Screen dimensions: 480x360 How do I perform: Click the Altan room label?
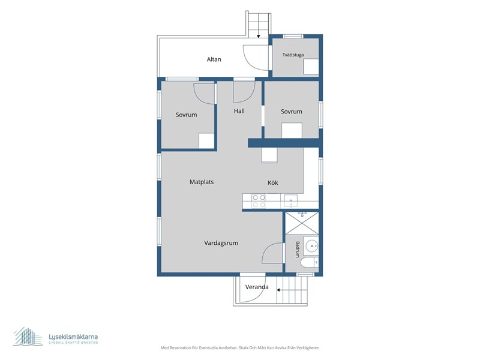(214, 59)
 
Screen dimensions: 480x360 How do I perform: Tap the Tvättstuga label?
(293, 55)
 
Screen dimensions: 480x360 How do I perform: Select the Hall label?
(239, 111)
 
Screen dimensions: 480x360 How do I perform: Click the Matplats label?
(202, 182)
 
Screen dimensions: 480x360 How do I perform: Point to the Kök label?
(273, 183)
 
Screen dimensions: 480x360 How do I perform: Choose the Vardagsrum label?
(221, 243)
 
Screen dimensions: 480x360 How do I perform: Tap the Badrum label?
(298, 249)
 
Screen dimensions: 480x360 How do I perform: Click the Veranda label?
(257, 287)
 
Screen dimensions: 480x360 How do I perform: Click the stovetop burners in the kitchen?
(259, 201)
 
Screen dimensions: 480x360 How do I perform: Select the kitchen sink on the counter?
(290, 201)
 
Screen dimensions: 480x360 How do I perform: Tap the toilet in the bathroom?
(310, 263)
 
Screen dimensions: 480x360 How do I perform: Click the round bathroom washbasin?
(312, 245)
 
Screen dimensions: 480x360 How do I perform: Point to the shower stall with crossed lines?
(302, 223)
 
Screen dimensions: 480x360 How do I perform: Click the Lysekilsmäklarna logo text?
(73, 337)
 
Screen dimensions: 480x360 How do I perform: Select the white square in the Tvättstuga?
(311, 67)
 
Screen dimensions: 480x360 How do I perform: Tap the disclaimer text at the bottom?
(239, 348)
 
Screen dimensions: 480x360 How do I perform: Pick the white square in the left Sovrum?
(206, 141)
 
